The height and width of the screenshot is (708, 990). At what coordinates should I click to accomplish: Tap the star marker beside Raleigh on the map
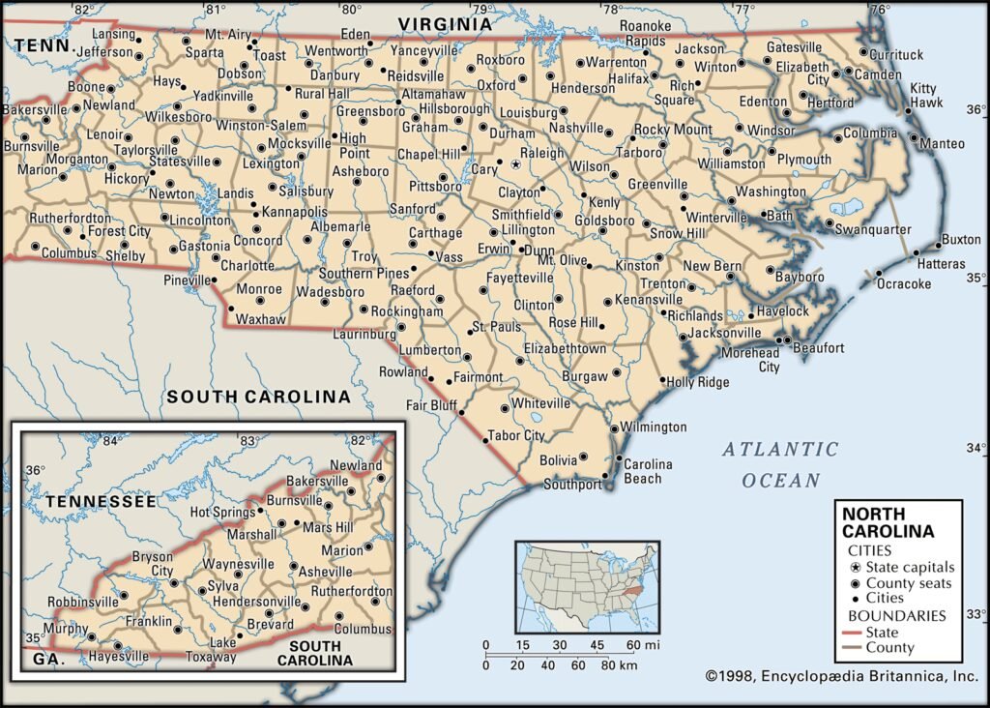[x=515, y=165]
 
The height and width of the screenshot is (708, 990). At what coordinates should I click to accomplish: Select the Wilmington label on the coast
[x=654, y=427]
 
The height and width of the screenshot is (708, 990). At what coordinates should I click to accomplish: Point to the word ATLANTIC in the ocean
[x=779, y=449]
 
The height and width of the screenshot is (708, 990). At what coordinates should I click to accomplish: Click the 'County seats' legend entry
[x=908, y=583]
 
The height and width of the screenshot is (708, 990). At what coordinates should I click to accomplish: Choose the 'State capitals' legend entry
[x=910, y=567]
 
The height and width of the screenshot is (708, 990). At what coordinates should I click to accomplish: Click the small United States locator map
[x=587, y=587]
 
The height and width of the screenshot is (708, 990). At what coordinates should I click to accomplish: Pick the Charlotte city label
[x=247, y=266]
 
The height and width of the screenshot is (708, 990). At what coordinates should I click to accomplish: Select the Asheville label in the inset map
[x=326, y=572]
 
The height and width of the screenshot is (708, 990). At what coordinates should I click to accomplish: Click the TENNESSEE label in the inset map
[x=101, y=501]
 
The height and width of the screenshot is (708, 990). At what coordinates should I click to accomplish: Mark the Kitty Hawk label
[x=924, y=95]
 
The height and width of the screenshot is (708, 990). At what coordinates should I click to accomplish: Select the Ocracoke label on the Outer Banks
[x=903, y=283]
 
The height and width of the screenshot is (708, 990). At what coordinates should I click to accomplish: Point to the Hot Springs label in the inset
[x=222, y=512]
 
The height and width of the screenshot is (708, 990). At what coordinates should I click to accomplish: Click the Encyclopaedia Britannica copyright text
[x=841, y=677]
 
